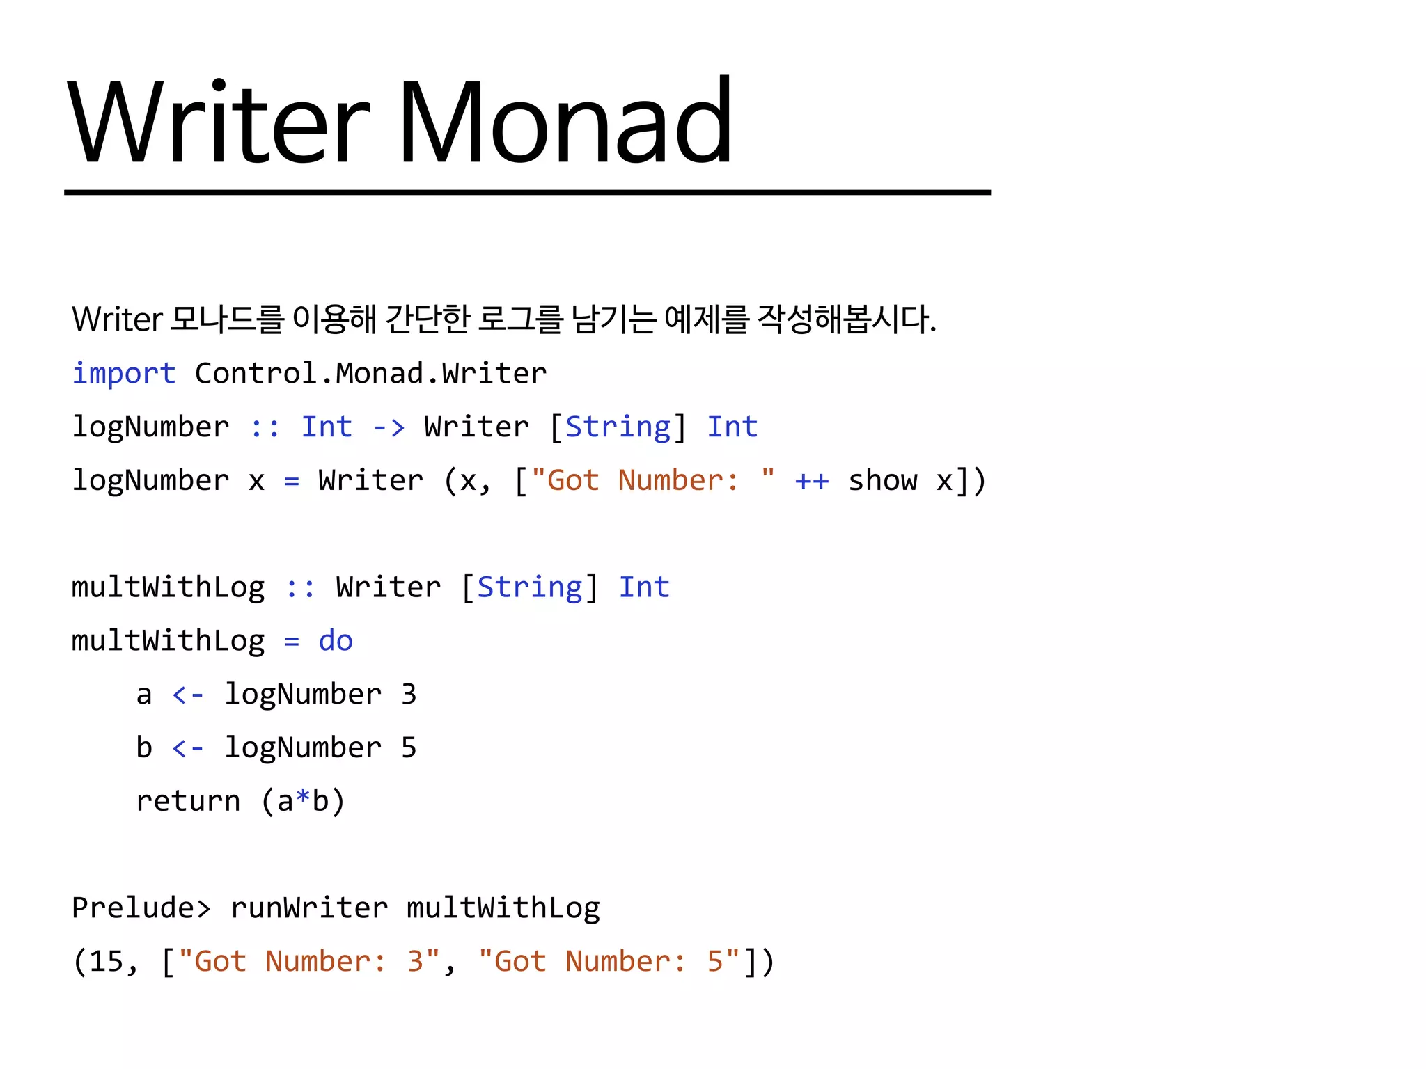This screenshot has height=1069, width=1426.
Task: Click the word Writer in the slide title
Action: [x=219, y=122]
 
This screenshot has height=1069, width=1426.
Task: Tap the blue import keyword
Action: [x=124, y=374]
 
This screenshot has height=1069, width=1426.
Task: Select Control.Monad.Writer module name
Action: [x=370, y=374]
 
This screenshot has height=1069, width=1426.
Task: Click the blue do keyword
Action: [x=336, y=641]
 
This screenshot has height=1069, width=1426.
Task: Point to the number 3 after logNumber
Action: [x=409, y=695]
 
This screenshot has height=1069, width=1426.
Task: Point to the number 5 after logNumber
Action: [x=409, y=748]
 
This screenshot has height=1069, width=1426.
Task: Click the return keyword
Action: [x=188, y=802]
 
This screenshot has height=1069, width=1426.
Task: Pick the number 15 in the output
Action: [x=107, y=962]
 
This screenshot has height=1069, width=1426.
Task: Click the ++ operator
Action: [x=812, y=481]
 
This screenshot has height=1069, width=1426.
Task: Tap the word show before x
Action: [x=883, y=481]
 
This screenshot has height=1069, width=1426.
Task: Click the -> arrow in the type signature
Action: [x=389, y=427]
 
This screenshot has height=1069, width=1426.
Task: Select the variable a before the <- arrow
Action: [x=144, y=695]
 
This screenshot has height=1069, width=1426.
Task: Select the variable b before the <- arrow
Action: [x=144, y=748]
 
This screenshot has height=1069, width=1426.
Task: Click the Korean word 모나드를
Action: [x=227, y=319]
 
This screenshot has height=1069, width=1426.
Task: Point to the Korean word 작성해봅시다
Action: [x=846, y=319]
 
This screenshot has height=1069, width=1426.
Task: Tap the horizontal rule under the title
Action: [x=527, y=192]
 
